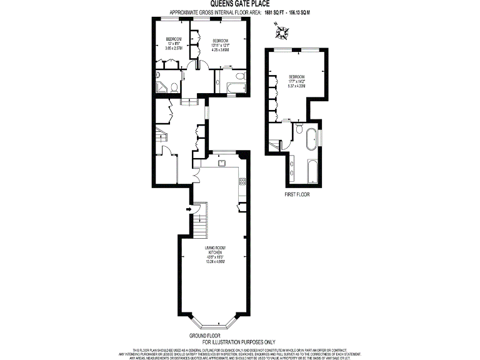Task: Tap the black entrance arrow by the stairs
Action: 187,209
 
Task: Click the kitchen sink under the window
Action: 221,163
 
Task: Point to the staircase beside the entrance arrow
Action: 200,225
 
